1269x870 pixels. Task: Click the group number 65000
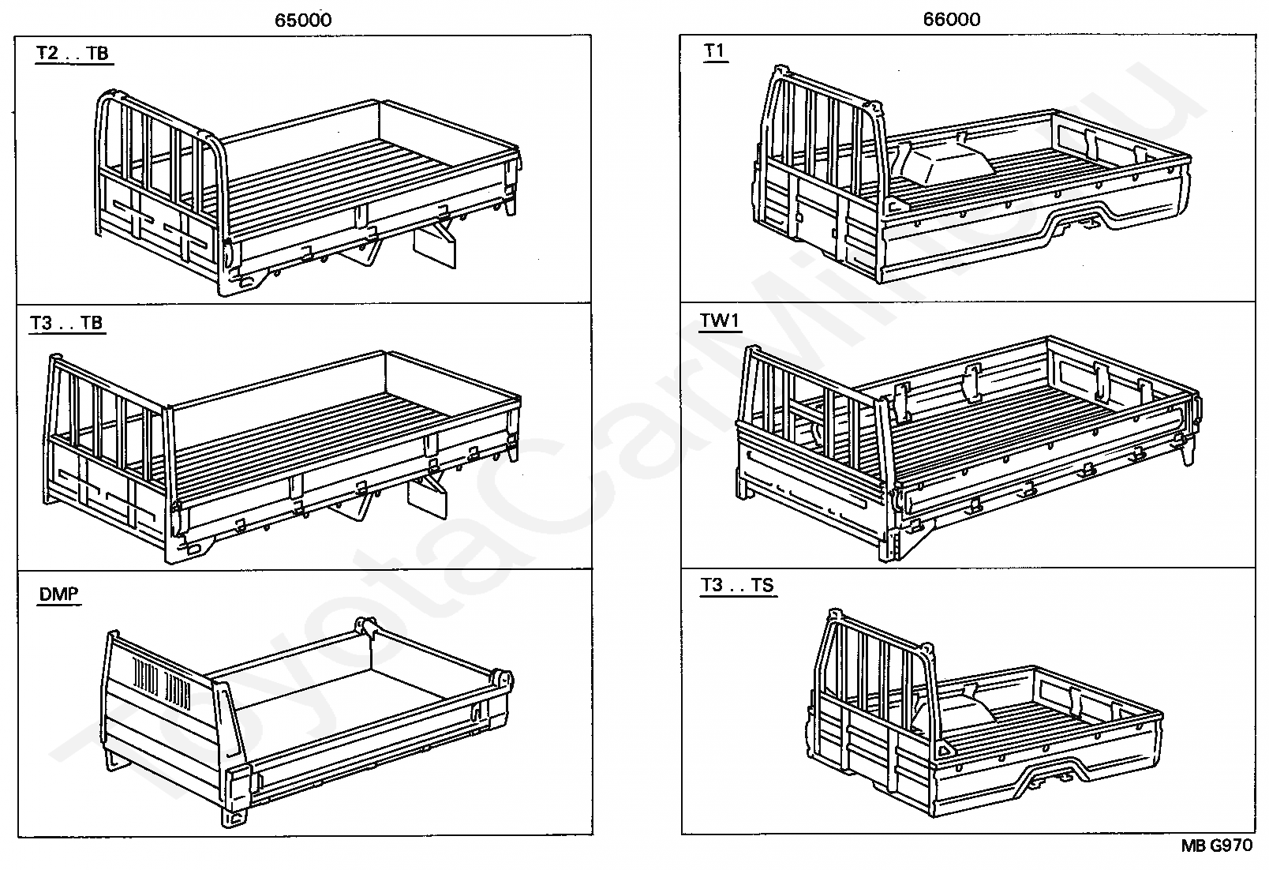point(303,21)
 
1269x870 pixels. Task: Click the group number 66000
point(952,20)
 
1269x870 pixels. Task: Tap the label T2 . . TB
point(72,54)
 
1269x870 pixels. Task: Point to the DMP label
point(58,594)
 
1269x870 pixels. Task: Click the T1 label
point(714,51)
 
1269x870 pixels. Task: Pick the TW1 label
point(721,321)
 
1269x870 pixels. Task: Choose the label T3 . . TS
point(737,586)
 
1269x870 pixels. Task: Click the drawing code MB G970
point(1216,846)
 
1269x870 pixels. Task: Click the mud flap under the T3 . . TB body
point(427,498)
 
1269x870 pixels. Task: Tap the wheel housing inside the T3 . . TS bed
point(955,714)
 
